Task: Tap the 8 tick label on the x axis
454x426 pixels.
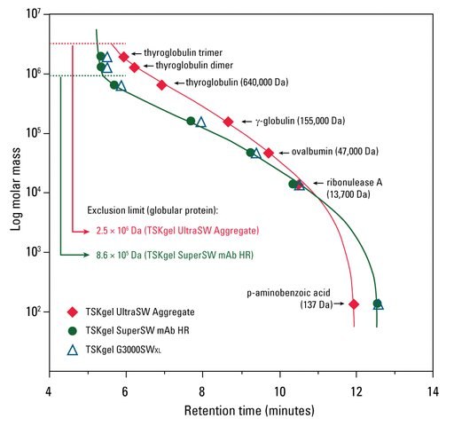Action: (202, 390)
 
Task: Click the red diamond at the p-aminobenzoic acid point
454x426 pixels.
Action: (354, 304)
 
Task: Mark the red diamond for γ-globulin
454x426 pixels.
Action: (228, 122)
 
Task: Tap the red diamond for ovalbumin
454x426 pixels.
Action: (268, 153)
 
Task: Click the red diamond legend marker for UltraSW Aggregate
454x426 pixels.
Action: (74, 312)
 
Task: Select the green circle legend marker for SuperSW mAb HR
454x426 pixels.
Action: (74, 331)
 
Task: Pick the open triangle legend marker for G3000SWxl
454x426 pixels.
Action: (74, 349)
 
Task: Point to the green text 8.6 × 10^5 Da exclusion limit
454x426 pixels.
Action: (176, 255)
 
